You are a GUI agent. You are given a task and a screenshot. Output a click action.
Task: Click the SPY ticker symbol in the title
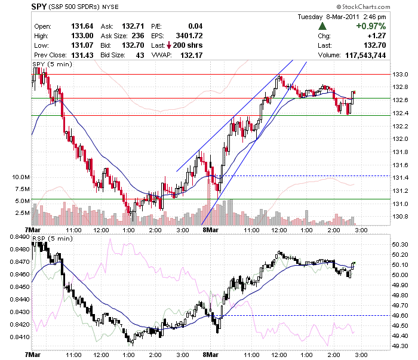pos(39,7)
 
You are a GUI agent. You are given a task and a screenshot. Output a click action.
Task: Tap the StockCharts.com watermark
pos(363,7)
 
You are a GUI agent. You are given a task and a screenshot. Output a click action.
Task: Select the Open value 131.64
pos(82,26)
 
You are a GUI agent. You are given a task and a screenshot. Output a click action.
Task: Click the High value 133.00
pos(82,36)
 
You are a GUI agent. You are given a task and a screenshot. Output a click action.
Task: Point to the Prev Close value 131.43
pos(82,55)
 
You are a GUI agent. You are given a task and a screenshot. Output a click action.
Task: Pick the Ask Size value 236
pos(138,36)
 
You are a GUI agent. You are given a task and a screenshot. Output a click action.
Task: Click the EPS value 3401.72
pos(189,36)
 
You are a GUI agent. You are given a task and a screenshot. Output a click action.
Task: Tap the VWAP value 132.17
pos(192,55)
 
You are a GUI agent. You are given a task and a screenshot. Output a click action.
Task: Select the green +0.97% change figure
pos(371,26)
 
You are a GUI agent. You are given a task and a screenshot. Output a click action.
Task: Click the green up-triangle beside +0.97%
pos(322,26)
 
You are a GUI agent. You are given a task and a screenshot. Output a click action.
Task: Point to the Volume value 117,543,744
pos(365,55)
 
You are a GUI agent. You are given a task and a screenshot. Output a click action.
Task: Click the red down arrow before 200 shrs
pos(169,45)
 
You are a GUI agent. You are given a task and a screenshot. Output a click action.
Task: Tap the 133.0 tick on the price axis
pos(400,75)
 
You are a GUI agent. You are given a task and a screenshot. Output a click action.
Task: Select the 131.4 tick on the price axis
pos(400,178)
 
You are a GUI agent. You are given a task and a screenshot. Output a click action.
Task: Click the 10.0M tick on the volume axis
pos(21,177)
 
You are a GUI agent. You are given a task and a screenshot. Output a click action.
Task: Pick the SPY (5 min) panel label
pos(53,64)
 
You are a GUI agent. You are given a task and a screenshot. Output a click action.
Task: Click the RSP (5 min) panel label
pos(53,238)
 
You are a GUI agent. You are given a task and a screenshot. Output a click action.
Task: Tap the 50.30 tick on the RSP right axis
pos(400,245)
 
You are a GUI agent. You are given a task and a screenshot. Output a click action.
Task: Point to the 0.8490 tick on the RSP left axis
pos(20,237)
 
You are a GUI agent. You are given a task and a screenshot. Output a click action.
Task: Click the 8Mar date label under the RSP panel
pos(211,355)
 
